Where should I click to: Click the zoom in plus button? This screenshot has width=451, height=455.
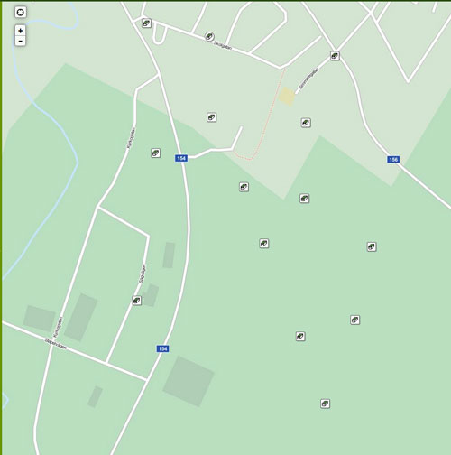coord(20,30)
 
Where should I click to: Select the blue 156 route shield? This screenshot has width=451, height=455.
coord(393,160)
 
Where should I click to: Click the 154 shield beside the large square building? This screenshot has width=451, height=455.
coord(163,348)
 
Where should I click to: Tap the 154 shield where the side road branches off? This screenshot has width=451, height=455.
coord(181,158)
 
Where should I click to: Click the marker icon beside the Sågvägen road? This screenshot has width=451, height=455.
coord(137,301)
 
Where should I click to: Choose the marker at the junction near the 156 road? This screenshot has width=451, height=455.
coord(335,56)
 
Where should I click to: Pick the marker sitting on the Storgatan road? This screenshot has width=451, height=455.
coord(209,37)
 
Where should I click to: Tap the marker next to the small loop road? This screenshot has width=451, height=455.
coord(146,23)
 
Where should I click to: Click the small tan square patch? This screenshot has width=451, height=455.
coord(287,96)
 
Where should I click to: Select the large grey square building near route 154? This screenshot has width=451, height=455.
coord(189,380)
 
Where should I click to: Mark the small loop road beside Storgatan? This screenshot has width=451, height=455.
coord(161,34)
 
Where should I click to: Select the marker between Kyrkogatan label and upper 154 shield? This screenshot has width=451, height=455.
coord(155,153)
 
